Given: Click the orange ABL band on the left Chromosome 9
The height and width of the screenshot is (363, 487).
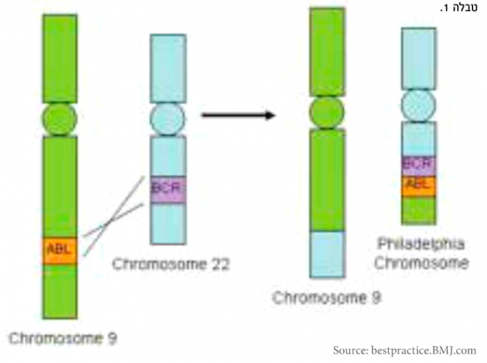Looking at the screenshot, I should pyautogui.click(x=60, y=250).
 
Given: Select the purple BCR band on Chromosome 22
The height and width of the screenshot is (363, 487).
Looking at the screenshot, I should pyautogui.click(x=167, y=188).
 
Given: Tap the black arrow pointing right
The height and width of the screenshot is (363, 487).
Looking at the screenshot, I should pyautogui.click(x=238, y=115).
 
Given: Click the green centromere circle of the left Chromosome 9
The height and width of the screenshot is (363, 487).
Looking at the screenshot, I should pyautogui.click(x=60, y=119).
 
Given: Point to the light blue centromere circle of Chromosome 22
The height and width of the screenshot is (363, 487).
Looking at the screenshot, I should pyautogui.click(x=167, y=118).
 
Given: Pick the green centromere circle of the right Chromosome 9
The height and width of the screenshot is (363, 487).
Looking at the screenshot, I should pyautogui.click(x=327, y=112).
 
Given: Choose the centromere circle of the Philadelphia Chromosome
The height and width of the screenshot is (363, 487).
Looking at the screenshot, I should pyautogui.click(x=418, y=105).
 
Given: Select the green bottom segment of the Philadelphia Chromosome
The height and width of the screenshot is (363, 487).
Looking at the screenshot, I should pyautogui.click(x=418, y=210).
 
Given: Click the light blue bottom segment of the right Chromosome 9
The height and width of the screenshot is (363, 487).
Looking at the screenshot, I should pyautogui.click(x=327, y=254).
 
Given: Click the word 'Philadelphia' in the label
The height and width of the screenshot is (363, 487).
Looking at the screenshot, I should pyautogui.click(x=421, y=244).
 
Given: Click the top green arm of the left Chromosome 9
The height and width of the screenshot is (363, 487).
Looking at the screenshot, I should pyautogui.click(x=60, y=58).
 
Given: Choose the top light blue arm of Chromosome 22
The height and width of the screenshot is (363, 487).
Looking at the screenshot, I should pyautogui.click(x=167, y=67).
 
